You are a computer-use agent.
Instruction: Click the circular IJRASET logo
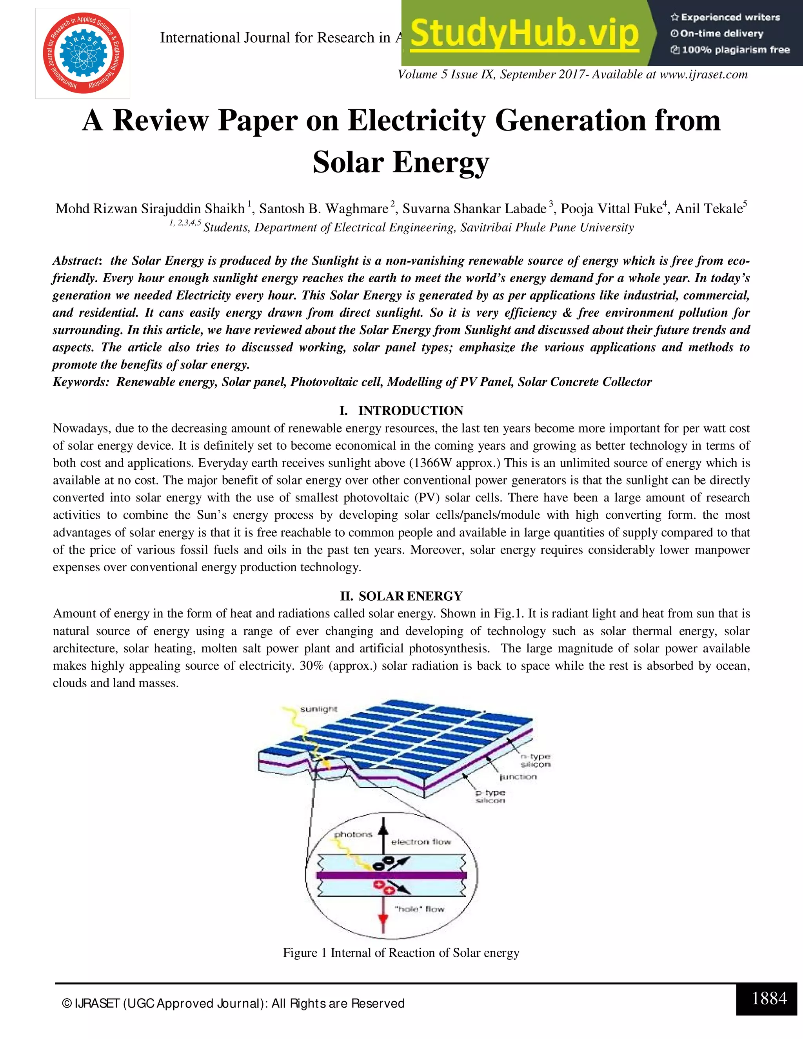[x=83, y=53]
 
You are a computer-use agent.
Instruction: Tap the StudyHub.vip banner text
[x=524, y=33]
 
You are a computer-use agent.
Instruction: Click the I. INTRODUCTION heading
[x=401, y=411]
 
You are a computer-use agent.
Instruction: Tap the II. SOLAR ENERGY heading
[x=401, y=596]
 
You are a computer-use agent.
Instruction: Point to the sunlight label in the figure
[x=318, y=709]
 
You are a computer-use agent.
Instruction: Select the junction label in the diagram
[x=518, y=777]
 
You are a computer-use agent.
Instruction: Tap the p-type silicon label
[x=491, y=796]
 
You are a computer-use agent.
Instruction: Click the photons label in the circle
[x=353, y=834]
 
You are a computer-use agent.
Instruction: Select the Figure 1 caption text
[x=401, y=953]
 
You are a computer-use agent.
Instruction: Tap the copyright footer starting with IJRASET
[x=233, y=1003]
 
